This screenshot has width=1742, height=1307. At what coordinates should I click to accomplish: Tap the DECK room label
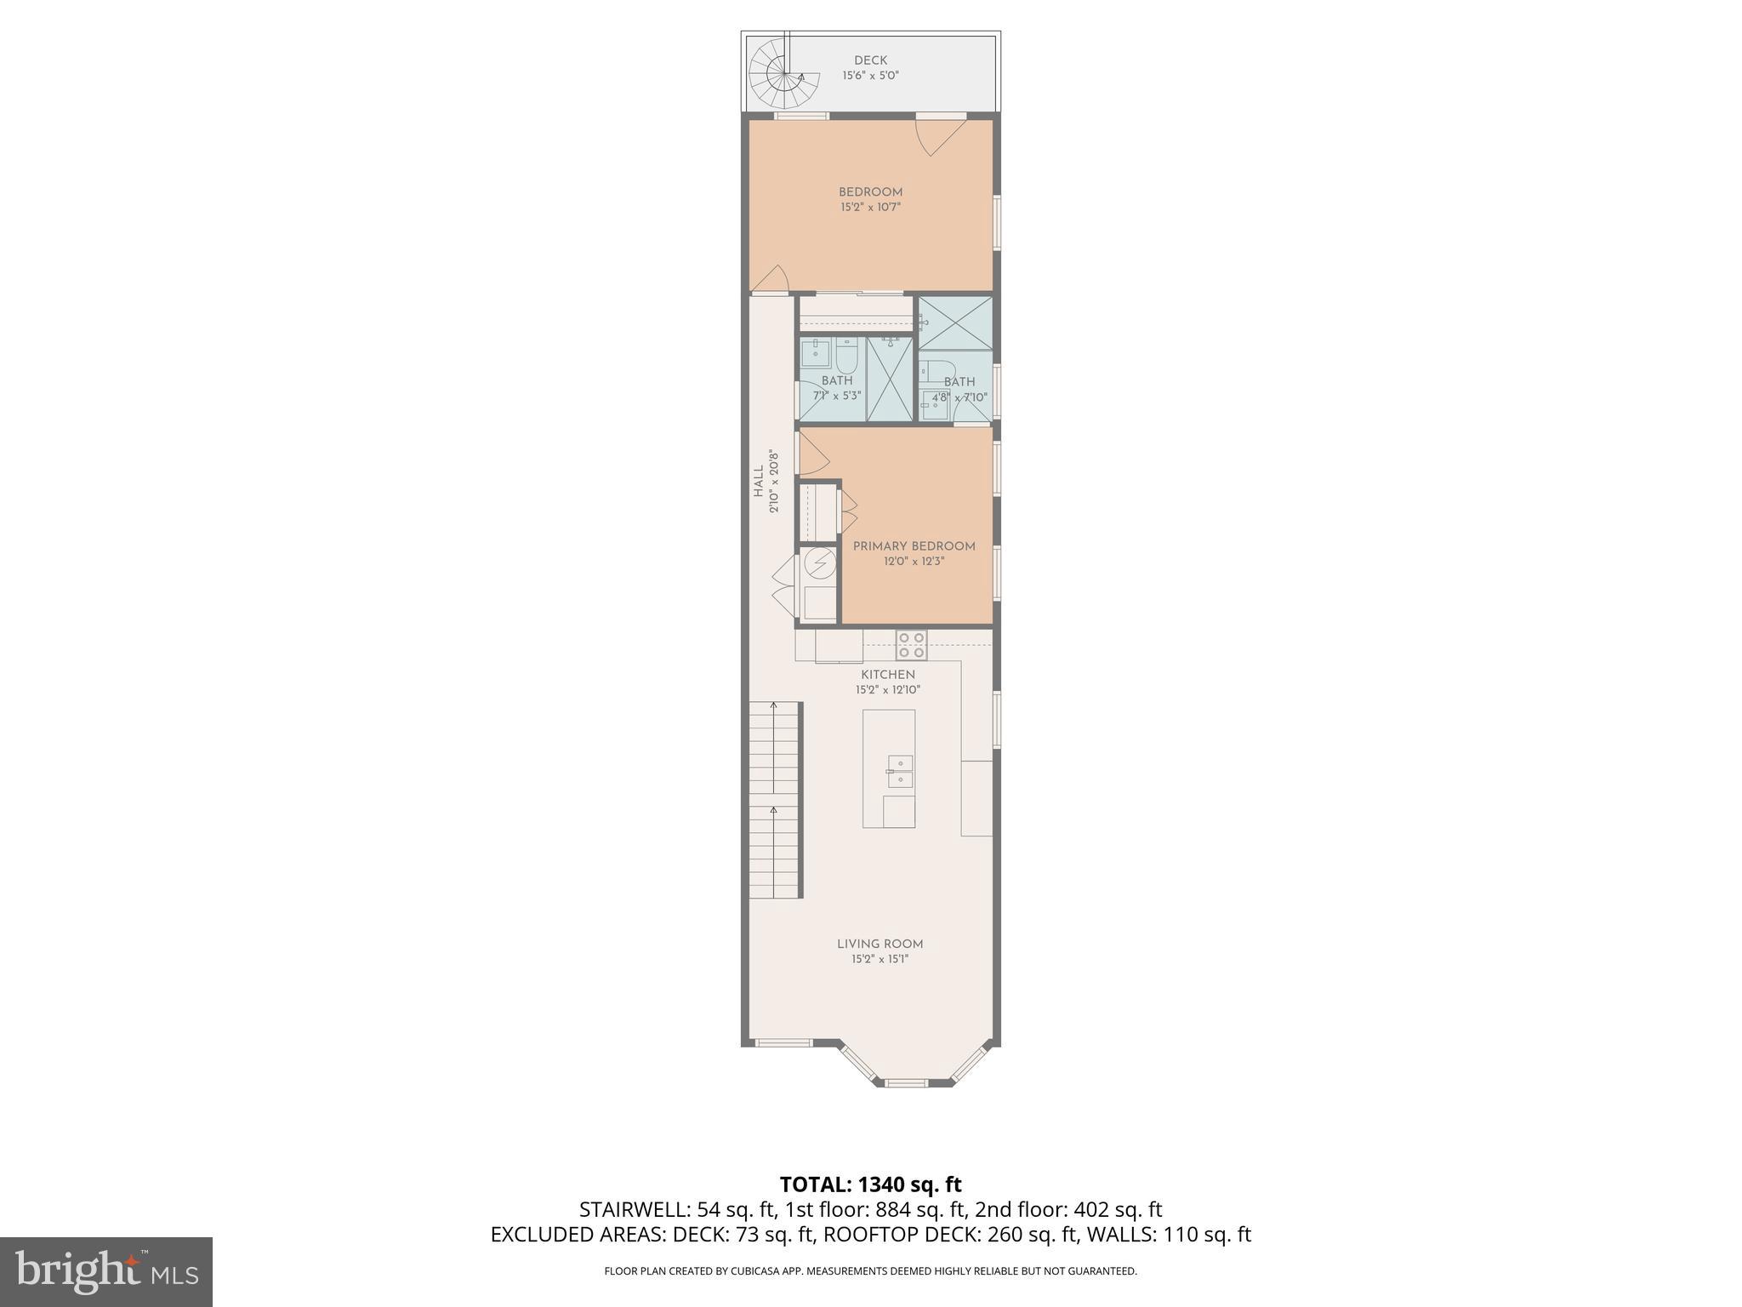[x=870, y=60]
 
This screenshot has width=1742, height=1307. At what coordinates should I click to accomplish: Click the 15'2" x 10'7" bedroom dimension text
[x=870, y=207]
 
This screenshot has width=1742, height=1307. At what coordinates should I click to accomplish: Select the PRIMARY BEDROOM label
[x=914, y=546]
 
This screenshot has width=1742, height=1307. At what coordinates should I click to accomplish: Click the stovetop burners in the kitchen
[x=911, y=645]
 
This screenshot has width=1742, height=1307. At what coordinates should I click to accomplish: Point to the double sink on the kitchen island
[x=900, y=771]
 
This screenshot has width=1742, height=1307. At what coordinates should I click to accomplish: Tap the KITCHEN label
[x=888, y=675]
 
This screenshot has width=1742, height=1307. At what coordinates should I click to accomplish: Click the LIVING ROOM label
[x=880, y=944]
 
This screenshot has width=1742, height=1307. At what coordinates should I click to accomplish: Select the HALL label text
[x=759, y=482]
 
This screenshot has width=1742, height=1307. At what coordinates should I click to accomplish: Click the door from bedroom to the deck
[x=941, y=135]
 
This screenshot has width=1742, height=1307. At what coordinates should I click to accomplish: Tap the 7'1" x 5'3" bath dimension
[x=837, y=396]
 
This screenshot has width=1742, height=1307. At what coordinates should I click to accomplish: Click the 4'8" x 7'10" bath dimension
[x=959, y=397]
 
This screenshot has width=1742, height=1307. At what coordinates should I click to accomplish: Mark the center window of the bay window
[x=905, y=1083]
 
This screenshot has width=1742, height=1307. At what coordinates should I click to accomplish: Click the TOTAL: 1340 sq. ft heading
[x=870, y=1184]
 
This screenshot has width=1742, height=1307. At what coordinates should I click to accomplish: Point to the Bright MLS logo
[x=106, y=1272]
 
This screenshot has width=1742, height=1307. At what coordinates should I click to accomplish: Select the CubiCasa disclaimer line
[x=870, y=1271]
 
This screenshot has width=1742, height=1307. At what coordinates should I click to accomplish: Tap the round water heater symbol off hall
[x=821, y=563]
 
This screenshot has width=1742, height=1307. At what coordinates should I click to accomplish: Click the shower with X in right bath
[x=956, y=322]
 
